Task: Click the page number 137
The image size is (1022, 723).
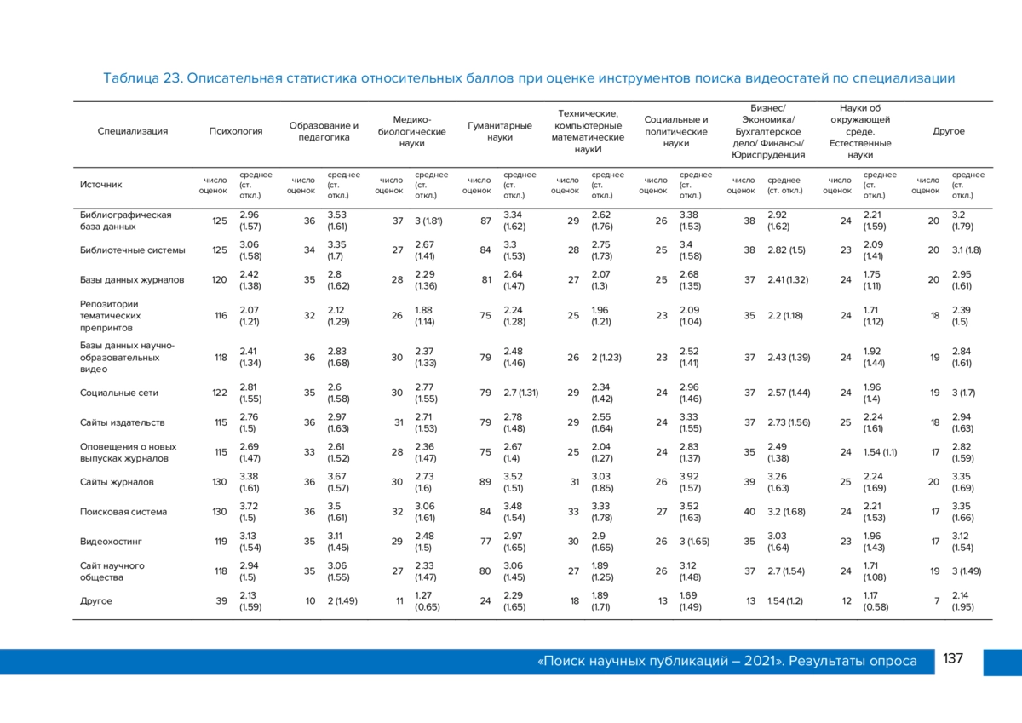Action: pyautogui.click(x=953, y=658)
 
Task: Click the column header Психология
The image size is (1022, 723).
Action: pyautogui.click(x=236, y=131)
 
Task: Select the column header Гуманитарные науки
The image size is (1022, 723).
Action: pyautogui.click(x=500, y=131)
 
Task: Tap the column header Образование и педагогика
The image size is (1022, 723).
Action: pyautogui.click(x=324, y=131)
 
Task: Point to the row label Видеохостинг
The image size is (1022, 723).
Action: pyautogui.click(x=111, y=542)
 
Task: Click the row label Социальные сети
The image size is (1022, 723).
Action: pyautogui.click(x=119, y=393)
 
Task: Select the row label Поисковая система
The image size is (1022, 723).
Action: pyautogui.click(x=123, y=512)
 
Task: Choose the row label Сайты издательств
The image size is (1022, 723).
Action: pyautogui.click(x=123, y=422)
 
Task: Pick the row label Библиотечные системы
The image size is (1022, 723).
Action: pyautogui.click(x=132, y=250)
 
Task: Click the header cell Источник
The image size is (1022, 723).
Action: pyautogui.click(x=100, y=185)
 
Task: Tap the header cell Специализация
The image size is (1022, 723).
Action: pyautogui.click(x=132, y=131)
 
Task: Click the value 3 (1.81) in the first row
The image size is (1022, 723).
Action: pyautogui.click(x=428, y=221)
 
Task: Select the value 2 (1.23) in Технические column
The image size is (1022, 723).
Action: pyautogui.click(x=606, y=358)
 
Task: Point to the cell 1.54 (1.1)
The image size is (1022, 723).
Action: pyautogui.click(x=880, y=452)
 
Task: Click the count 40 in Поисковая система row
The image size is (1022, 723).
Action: pyautogui.click(x=749, y=512)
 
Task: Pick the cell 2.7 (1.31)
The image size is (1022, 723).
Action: pyautogui.click(x=521, y=393)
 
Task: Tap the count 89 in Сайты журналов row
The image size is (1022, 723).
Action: pyautogui.click(x=485, y=482)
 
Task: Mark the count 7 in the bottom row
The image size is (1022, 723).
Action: pyautogui.click(x=937, y=601)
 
